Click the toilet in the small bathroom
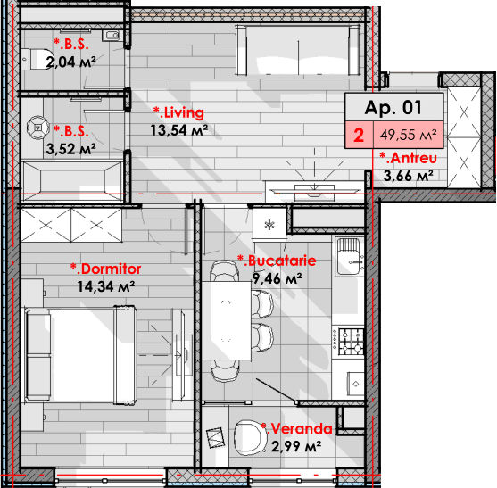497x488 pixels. pyautogui.click(x=36, y=59)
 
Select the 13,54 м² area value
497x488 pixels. pyautogui.click(x=179, y=130)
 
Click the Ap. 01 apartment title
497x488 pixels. pyautogui.click(x=393, y=108)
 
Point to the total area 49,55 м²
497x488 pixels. pyautogui.click(x=409, y=135)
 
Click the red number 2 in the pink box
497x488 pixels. pyautogui.click(x=359, y=136)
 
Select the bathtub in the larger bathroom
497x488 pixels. pyautogui.click(x=72, y=181)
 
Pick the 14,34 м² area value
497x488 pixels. pyautogui.click(x=106, y=286)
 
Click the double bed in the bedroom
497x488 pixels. pyautogui.click(x=79, y=355)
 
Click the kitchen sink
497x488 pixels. pyautogui.click(x=349, y=256)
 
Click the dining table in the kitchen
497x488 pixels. pyautogui.click(x=227, y=320)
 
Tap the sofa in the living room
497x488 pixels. pyautogui.click(x=298, y=50)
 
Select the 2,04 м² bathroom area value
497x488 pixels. pyautogui.click(x=71, y=62)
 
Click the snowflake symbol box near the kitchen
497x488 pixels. pyautogui.click(x=269, y=225)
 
